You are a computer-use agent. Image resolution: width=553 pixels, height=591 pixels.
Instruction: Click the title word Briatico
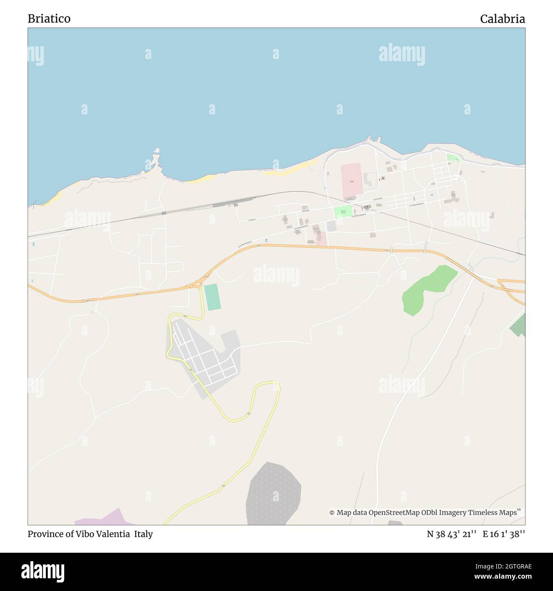coord(49,19)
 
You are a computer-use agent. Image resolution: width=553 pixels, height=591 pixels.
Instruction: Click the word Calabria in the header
coord(502,19)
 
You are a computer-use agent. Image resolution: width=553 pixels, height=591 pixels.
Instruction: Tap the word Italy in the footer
coord(143,534)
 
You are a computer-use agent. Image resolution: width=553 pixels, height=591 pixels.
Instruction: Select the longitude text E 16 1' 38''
coord(504,534)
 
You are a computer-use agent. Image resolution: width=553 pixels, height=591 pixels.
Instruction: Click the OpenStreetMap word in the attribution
coord(388,513)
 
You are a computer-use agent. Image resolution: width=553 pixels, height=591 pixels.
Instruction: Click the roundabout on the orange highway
coord(199,284)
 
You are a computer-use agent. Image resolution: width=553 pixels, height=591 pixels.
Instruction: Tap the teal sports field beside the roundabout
coord(212,297)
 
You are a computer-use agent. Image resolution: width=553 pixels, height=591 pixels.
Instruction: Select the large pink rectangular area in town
coord(351,181)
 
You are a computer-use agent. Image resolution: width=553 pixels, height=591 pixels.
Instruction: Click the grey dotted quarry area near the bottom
coord(273,493)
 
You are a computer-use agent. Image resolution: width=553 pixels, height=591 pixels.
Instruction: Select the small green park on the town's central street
coord(343,211)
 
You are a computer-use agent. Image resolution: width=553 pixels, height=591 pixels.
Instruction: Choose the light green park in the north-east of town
coord(453,158)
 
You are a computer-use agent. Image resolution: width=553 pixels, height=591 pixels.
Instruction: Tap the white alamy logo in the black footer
coord(43,571)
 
